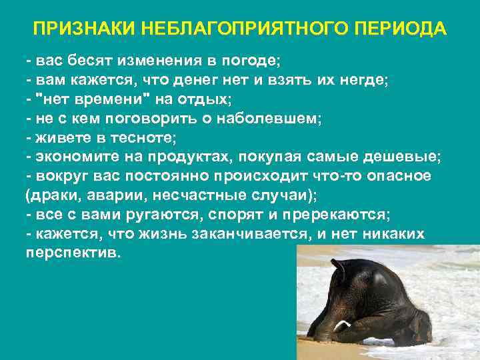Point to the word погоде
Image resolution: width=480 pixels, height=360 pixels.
253,61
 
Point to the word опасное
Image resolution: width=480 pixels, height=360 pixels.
393,177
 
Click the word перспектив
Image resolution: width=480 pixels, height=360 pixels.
71,254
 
